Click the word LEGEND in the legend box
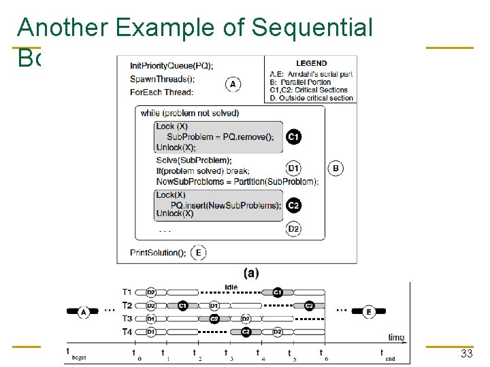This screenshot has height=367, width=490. coord(311,63)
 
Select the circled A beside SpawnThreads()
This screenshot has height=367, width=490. coord(233,84)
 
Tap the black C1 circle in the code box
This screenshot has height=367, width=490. coord(294,137)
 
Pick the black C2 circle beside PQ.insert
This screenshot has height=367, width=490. coord(294,205)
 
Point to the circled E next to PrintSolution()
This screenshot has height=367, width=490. coord(199,253)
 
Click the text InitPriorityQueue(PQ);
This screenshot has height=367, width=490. coord(171,66)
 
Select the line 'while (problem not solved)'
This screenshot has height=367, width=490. coord(189,113)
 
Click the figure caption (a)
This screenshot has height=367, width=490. coord(251,273)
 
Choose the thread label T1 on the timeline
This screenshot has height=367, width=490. coord(127,292)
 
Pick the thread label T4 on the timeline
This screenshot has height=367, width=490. coord(127,332)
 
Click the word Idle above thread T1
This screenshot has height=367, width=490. coord(231,287)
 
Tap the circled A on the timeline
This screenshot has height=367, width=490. coord(84,311)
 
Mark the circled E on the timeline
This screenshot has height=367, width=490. coord(368,311)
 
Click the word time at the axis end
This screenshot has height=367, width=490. coord(396,337)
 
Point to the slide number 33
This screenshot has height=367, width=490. coord(466,353)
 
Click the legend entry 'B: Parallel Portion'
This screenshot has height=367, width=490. coord(301,82)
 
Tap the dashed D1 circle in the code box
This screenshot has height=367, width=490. coord(294,169)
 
